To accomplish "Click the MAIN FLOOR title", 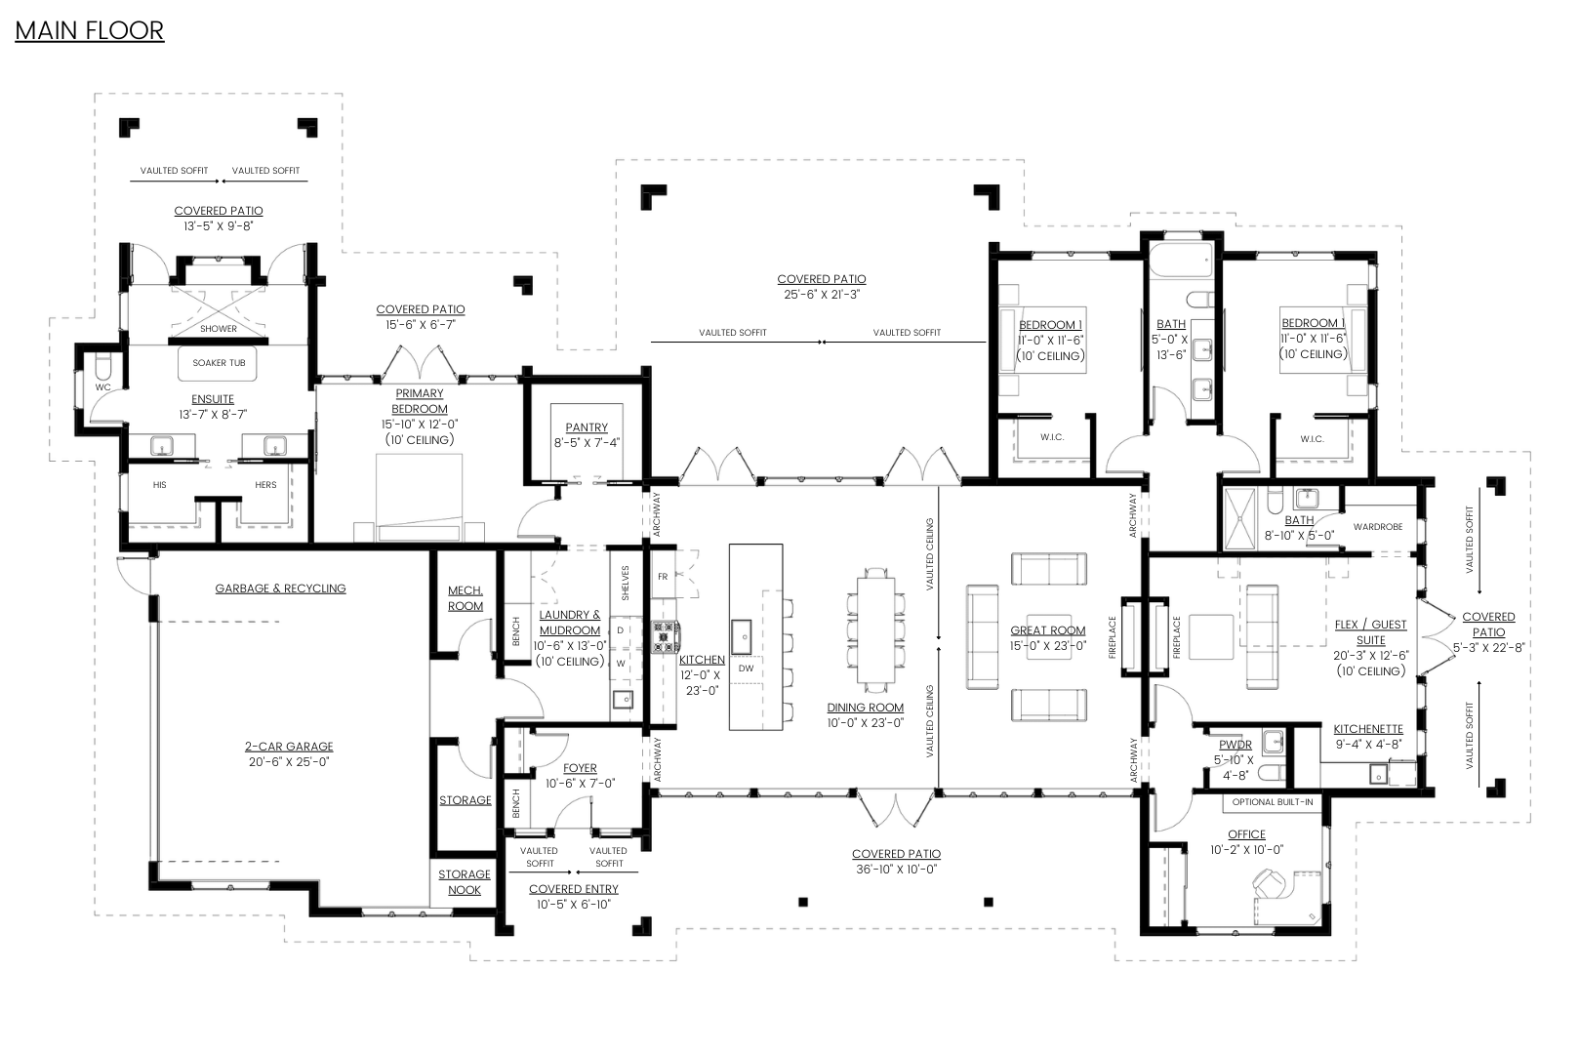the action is pyautogui.click(x=90, y=31).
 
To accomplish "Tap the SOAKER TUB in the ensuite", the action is pyautogui.click(x=218, y=364).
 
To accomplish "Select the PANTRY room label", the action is pyautogui.click(x=587, y=427).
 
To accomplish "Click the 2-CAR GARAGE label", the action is pyautogui.click(x=289, y=747).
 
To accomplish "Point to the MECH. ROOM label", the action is pyautogui.click(x=466, y=598).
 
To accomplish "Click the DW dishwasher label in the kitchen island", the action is pyautogui.click(x=747, y=669).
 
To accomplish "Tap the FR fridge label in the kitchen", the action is pyautogui.click(x=663, y=577).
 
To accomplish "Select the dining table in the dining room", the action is pyautogui.click(x=876, y=630).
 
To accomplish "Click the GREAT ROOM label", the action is pyautogui.click(x=1048, y=630).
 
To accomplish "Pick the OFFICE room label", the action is pyautogui.click(x=1246, y=834).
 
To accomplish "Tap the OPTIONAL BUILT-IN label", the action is pyautogui.click(x=1273, y=802).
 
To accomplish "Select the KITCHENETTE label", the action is pyautogui.click(x=1368, y=729).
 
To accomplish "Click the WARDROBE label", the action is pyautogui.click(x=1378, y=527).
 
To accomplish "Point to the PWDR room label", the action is pyautogui.click(x=1236, y=745).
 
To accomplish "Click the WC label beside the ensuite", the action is pyautogui.click(x=103, y=387).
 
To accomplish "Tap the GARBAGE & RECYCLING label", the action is pyautogui.click(x=281, y=588).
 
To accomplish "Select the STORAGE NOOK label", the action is pyautogui.click(x=465, y=882).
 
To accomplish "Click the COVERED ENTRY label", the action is pyautogui.click(x=574, y=890).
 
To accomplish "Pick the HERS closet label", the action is pyautogui.click(x=265, y=485).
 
